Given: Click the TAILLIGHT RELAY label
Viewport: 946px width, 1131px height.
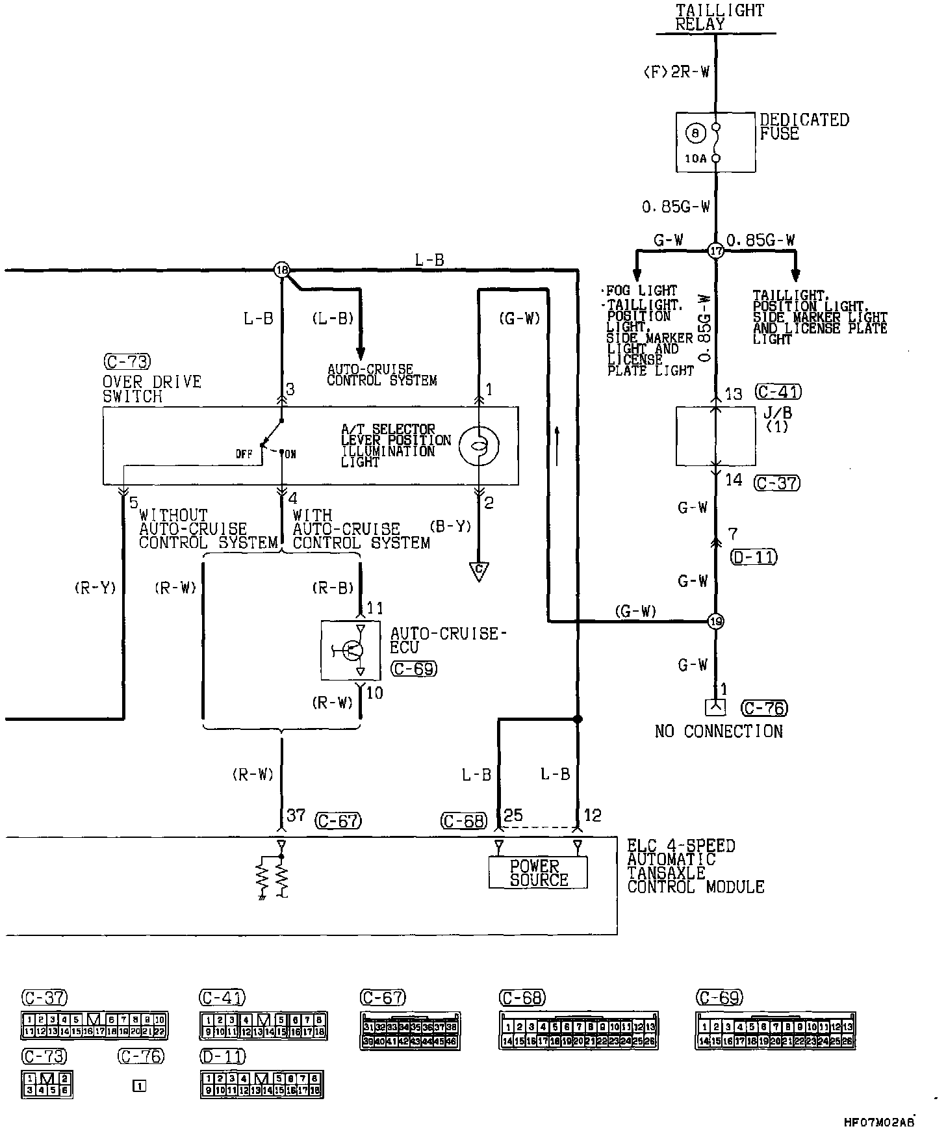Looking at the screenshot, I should pos(719,18).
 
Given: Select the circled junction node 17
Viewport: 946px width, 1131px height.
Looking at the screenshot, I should pos(715,251).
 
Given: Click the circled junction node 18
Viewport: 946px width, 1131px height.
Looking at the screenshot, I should pos(281,270).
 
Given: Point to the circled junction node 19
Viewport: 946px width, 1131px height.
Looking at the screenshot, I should pos(715,621).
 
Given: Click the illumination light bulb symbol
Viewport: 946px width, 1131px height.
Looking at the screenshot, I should pos(478,445).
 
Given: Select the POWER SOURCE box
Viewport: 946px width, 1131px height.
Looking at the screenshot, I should pos(538,873).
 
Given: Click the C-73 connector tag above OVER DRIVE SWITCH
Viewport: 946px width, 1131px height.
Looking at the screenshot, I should pos(127,361).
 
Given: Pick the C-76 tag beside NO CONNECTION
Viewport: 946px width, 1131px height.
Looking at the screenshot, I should pos(765,708).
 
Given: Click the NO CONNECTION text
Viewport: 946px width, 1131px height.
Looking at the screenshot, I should pos(719,731).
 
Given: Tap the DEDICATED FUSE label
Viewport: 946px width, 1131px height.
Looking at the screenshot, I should pos(804,127).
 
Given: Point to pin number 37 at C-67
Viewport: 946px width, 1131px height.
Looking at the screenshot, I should pos(296,815).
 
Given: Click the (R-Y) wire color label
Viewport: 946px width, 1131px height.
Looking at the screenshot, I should pos(95,588).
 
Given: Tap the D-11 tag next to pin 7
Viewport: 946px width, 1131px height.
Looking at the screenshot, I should pos(754,557).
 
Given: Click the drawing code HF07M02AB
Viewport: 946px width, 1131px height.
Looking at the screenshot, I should pos(878,1122).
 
